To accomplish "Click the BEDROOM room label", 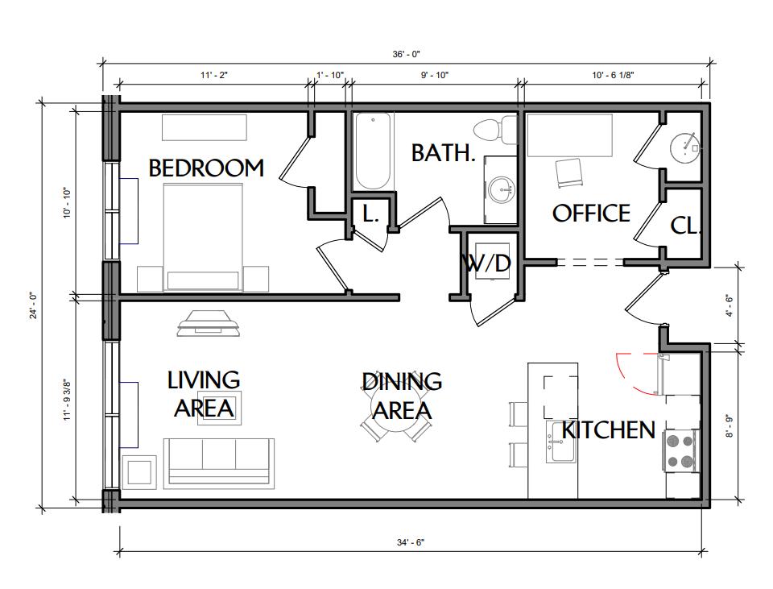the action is click(206, 168).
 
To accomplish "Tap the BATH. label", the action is click(443, 152).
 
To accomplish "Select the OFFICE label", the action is click(591, 213).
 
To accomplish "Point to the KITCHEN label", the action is click(609, 429).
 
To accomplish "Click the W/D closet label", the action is click(487, 263).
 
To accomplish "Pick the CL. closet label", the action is click(685, 226).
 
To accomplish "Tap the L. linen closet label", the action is click(370, 213).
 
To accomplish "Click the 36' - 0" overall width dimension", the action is click(406, 54).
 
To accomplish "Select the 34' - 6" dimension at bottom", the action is click(410, 542).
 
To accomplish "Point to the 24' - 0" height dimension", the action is click(34, 306).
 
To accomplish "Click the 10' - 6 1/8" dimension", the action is click(613, 75).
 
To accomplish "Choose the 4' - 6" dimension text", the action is click(730, 306).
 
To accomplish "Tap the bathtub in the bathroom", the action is click(373, 151).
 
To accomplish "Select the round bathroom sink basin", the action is click(502, 190).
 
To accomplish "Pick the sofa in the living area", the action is click(219, 462).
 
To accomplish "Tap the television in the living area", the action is click(209, 324).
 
